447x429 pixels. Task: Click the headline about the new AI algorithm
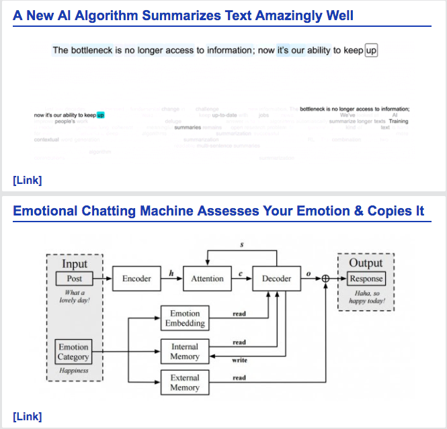pos(183,15)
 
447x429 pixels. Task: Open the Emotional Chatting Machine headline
pos(218,211)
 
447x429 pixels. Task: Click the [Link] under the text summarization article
pos(27,180)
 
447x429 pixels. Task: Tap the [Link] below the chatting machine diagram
pos(27,416)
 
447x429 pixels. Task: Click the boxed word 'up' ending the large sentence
pos(371,50)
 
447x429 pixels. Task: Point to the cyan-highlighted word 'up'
pos(100,115)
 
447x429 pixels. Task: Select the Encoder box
pos(136,279)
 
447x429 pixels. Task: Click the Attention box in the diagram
pos(207,279)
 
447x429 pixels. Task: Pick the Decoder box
pos(276,279)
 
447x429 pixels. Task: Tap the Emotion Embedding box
pos(185,318)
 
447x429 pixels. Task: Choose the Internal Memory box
pos(185,351)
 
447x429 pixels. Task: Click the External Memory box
pos(185,383)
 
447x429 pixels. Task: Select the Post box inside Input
pos(75,279)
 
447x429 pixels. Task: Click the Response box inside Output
pos(366,279)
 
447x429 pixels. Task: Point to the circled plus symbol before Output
pos(326,279)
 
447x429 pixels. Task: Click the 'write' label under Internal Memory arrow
pos(239,361)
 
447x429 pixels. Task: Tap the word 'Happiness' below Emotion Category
pos(74,371)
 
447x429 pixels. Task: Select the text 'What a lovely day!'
pos(75,296)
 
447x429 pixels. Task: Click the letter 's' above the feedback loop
pos(242,244)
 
